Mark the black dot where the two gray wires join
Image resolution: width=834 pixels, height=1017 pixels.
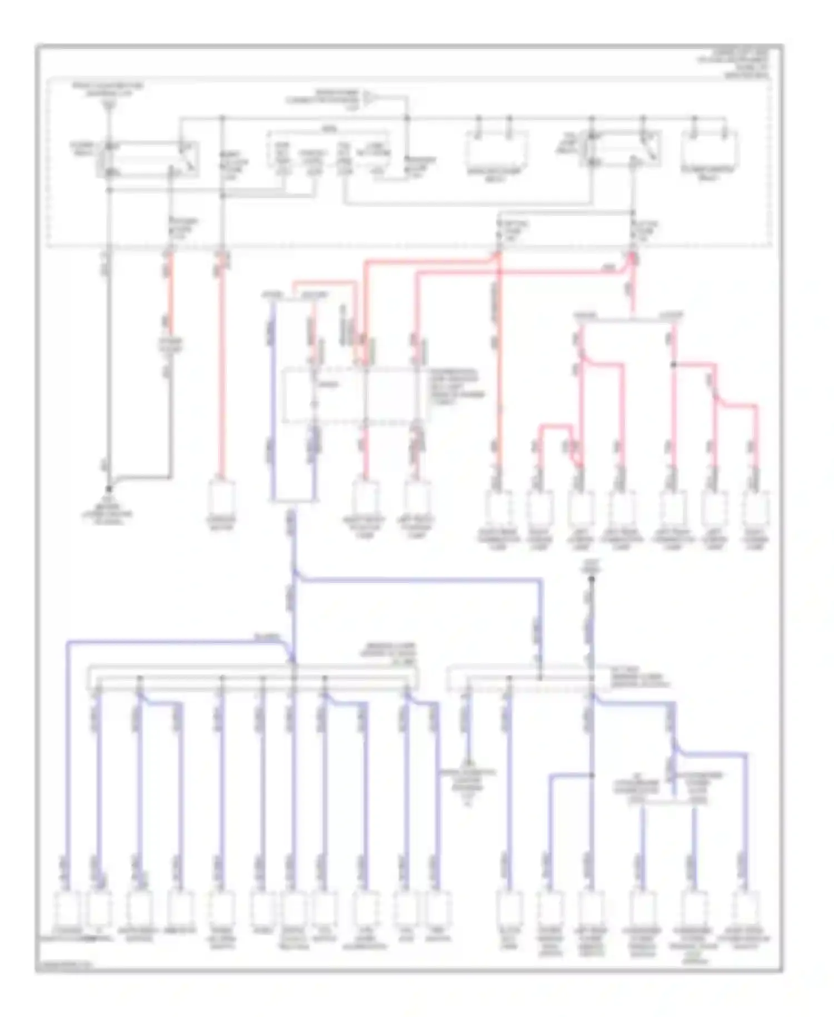tap(109, 488)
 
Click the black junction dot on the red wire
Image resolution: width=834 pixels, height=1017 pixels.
tap(673, 365)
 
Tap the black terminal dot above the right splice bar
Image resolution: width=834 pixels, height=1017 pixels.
tap(592, 579)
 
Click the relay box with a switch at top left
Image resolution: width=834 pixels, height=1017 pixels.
tap(147, 160)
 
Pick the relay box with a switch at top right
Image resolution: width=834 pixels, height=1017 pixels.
tap(622, 149)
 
